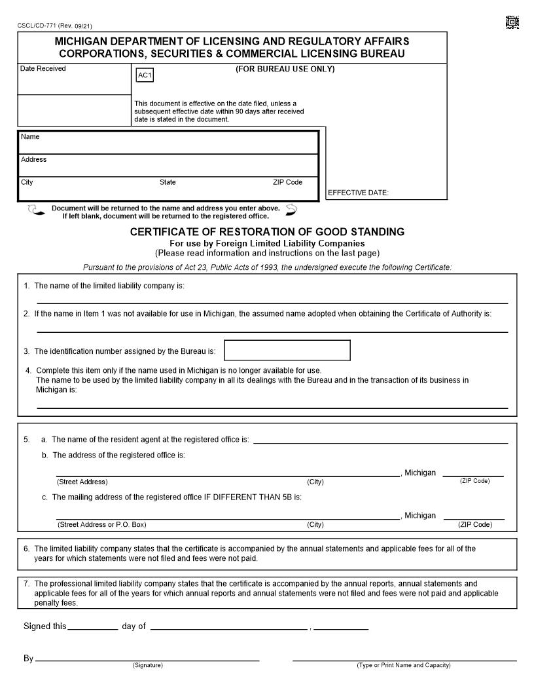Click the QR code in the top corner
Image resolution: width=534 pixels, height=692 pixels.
click(512, 23)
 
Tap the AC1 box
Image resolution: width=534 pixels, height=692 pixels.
click(145, 76)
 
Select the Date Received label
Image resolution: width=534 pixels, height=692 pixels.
click(43, 69)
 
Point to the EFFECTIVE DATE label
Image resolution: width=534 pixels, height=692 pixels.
click(358, 193)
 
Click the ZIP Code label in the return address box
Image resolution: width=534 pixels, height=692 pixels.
click(287, 182)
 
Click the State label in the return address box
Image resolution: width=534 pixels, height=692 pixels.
click(168, 182)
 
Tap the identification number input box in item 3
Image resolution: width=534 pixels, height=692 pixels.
click(287, 350)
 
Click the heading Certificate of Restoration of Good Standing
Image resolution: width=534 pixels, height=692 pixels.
click(267, 232)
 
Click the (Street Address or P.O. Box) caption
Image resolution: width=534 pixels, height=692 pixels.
click(101, 524)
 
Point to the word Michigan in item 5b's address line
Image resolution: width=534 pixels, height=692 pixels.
click(420, 472)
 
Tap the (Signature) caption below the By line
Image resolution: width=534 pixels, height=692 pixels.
click(148, 666)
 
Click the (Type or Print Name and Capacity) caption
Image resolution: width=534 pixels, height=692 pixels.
click(404, 666)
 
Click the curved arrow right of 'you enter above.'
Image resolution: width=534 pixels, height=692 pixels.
click(291, 210)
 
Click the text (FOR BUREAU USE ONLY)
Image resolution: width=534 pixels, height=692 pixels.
click(285, 69)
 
